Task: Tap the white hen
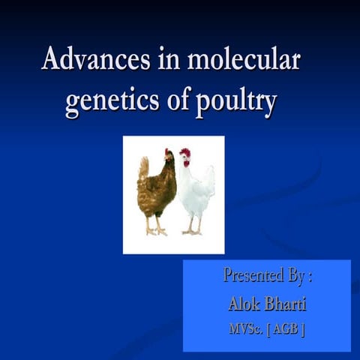(195, 187)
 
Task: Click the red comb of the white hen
(184, 152)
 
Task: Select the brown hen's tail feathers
(142, 169)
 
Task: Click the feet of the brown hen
(156, 229)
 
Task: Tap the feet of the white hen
(193, 230)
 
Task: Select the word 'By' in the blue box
(297, 276)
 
